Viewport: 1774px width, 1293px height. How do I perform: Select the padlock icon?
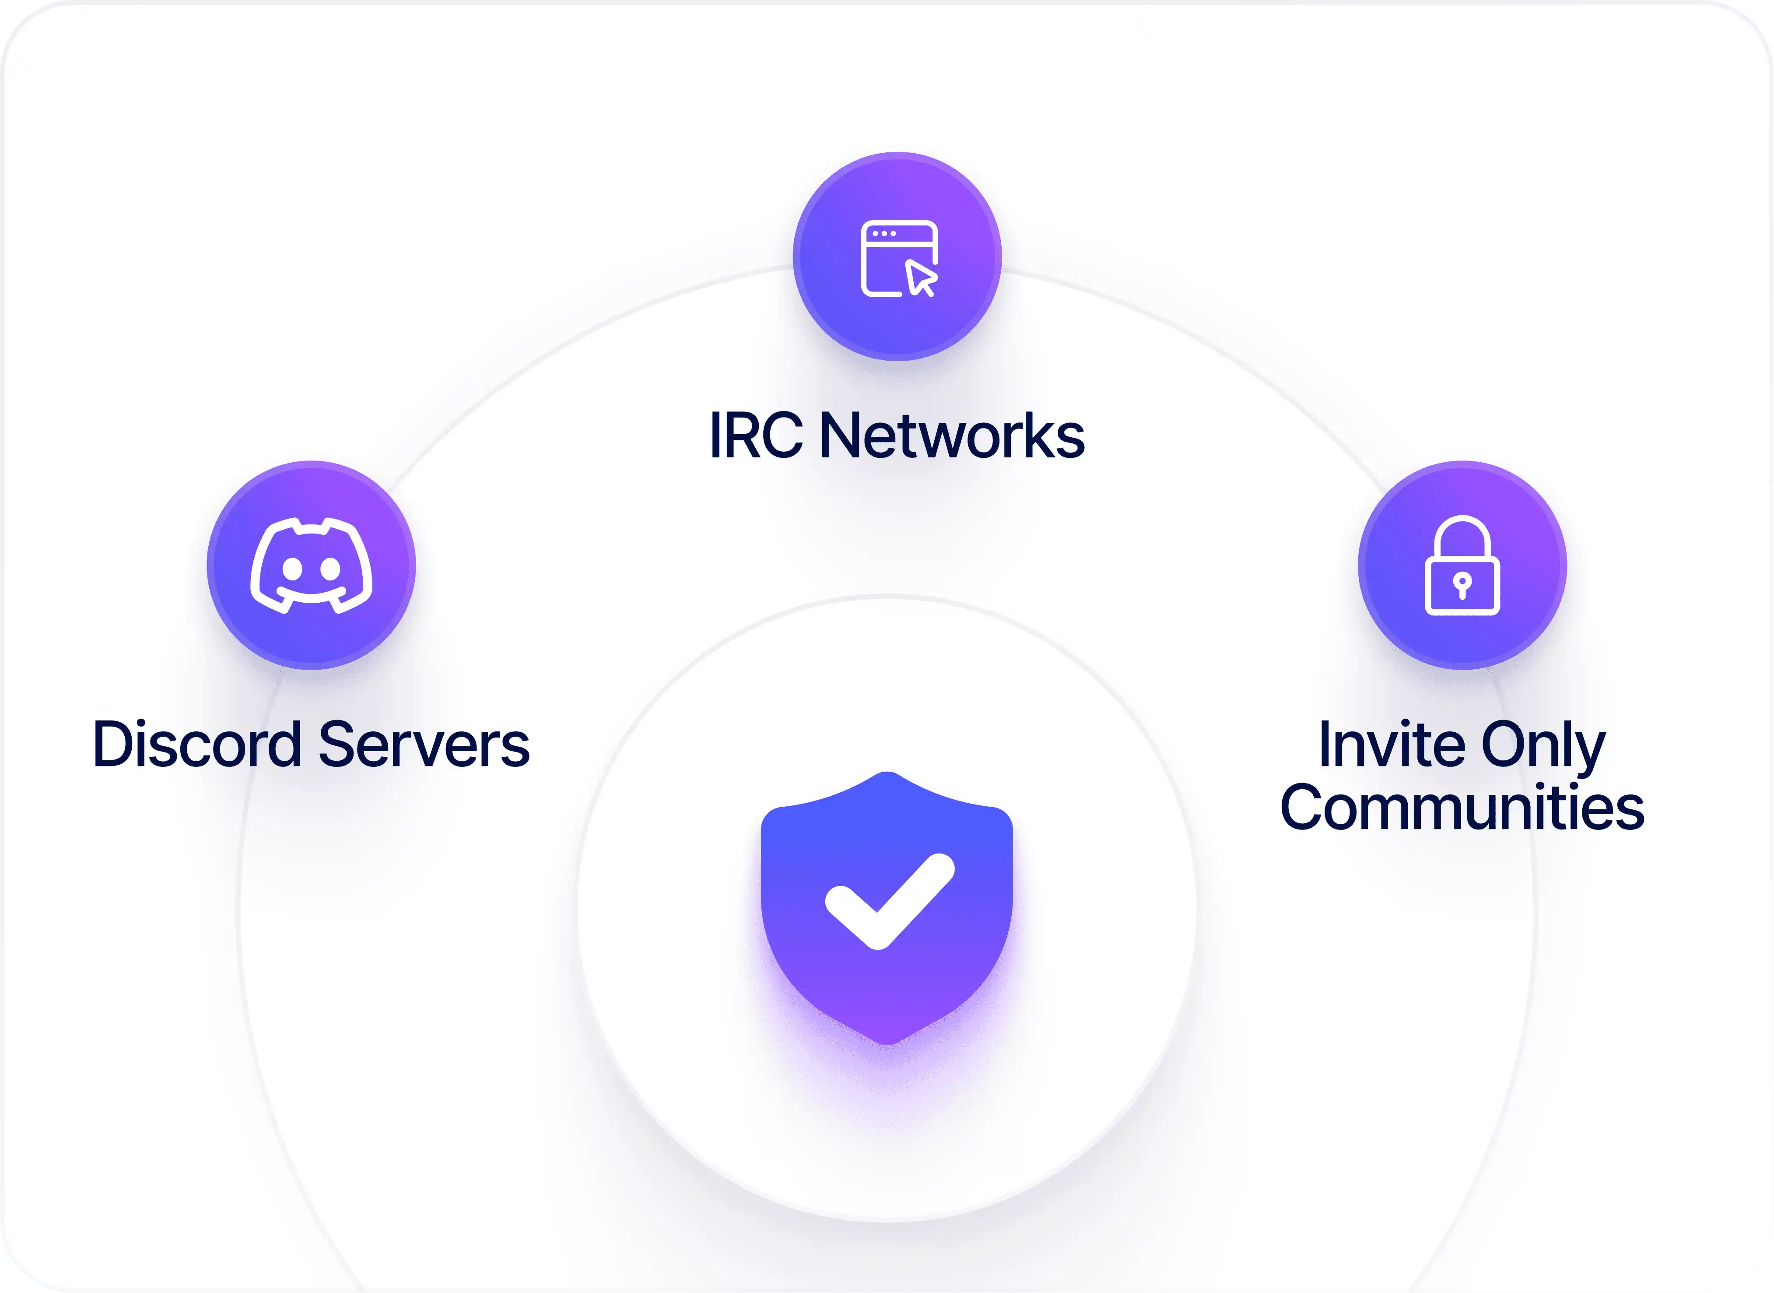(x=1462, y=565)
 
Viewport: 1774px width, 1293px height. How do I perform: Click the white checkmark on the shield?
(x=889, y=900)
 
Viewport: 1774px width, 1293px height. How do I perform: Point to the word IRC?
(x=755, y=435)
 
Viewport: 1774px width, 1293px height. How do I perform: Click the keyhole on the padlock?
(x=1462, y=584)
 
